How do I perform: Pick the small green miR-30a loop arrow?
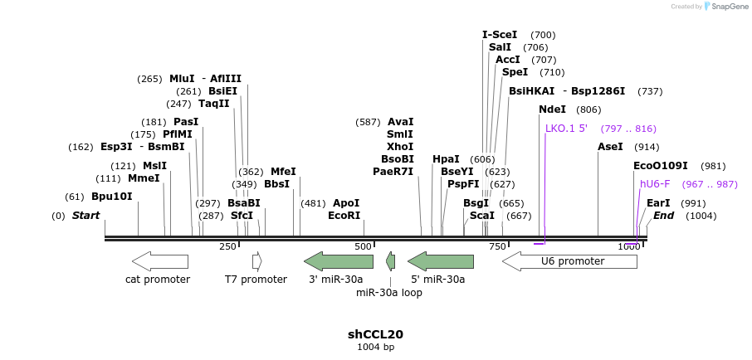(x=390, y=262)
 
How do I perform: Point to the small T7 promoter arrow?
(x=257, y=261)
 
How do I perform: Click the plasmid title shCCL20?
(x=375, y=334)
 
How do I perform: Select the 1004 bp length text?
(x=375, y=347)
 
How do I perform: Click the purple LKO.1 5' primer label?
(x=566, y=129)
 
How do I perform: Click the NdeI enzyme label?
(x=552, y=109)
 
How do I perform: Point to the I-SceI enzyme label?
(x=500, y=35)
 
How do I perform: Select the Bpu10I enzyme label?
(x=111, y=197)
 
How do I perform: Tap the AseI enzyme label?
(x=610, y=147)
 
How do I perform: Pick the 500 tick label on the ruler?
(x=364, y=246)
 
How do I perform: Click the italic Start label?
(x=85, y=216)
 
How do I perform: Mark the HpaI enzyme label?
(x=446, y=159)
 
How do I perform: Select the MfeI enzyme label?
(x=283, y=172)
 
